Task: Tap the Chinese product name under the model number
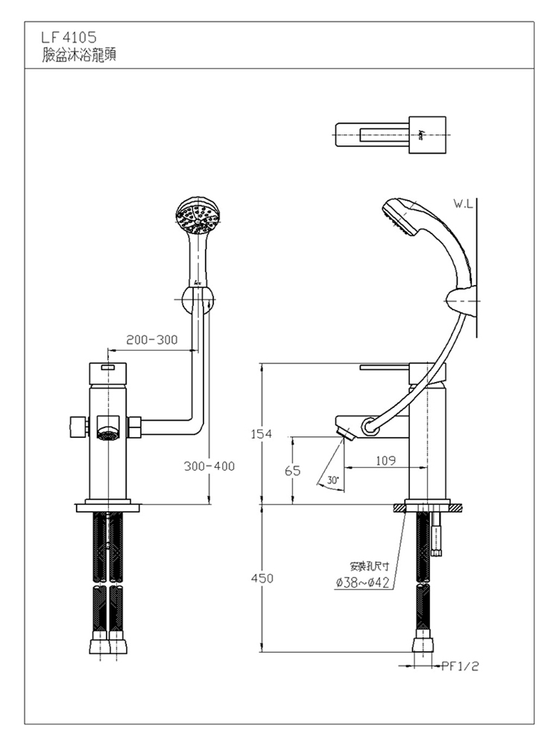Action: pyautogui.click(x=79, y=54)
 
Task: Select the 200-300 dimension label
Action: pyautogui.click(x=151, y=339)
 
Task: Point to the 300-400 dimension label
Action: pyautogui.click(x=209, y=466)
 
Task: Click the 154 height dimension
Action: pyautogui.click(x=262, y=433)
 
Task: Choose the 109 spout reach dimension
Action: pyautogui.click(x=385, y=461)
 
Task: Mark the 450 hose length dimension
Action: pyautogui.click(x=262, y=578)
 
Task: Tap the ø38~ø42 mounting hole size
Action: pyautogui.click(x=363, y=583)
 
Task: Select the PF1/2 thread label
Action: pyautogui.click(x=460, y=665)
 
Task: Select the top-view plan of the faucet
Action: pyautogui.click(x=389, y=135)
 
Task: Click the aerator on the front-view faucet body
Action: pyautogui.click(x=108, y=431)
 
